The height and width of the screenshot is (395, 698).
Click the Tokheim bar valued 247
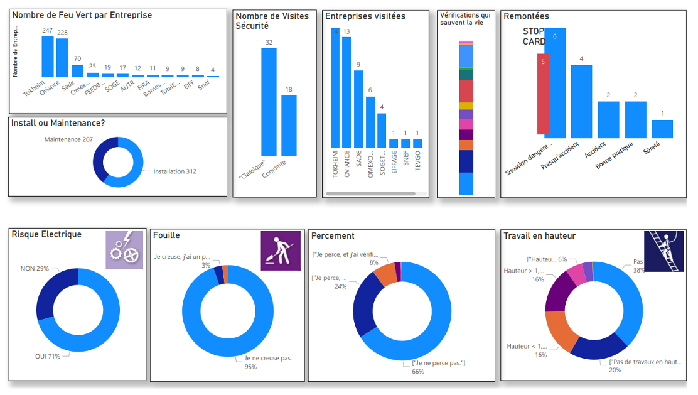tap(48, 56)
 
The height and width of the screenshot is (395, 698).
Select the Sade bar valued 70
tap(77, 70)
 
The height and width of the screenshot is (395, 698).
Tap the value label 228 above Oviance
tap(62, 33)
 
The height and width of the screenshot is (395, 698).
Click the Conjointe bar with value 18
tap(289, 126)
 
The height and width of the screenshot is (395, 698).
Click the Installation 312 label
tap(175, 171)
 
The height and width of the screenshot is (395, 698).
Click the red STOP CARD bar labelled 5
tap(542, 94)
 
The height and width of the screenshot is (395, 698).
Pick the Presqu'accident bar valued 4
tap(581, 101)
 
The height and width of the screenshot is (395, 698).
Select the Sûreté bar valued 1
tap(662, 129)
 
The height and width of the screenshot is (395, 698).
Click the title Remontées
tap(526, 16)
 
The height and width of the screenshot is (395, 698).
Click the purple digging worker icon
tap(277, 251)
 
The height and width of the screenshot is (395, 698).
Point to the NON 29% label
tap(35, 268)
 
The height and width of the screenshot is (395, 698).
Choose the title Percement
tap(333, 235)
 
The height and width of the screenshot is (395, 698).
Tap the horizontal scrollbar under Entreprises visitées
tap(370, 193)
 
